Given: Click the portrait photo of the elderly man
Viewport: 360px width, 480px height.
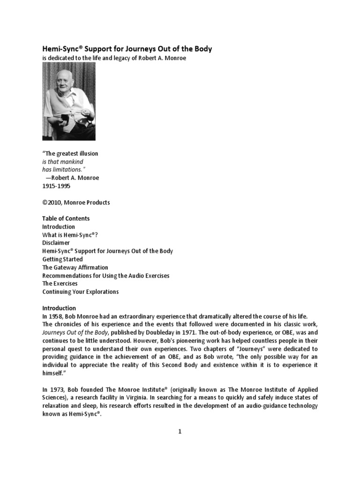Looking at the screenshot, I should pos(69,102).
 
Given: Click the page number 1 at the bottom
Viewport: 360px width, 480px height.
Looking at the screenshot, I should pos(180,432).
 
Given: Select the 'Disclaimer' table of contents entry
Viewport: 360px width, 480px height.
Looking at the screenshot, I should pos(56,243).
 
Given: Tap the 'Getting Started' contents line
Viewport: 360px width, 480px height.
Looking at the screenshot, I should pos(62,259).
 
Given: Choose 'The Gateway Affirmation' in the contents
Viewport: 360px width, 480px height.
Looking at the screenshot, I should pos(75,267).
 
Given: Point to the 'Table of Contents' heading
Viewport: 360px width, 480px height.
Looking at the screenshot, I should pos(66,218).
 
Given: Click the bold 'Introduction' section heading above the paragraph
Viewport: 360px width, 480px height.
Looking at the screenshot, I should pos(59,308).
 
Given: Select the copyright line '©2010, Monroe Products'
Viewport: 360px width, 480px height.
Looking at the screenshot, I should pos(76,202).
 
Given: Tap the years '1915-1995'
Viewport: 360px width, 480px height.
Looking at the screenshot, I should pos(58,186).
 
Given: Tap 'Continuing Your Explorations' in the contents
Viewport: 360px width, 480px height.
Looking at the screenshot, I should pos(80,292).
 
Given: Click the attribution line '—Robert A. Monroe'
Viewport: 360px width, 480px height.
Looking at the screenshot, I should pos(72,178).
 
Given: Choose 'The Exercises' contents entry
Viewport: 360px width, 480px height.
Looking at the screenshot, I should pos(60,284).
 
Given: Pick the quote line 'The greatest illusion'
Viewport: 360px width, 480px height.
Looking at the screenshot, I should pos(70,154).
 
